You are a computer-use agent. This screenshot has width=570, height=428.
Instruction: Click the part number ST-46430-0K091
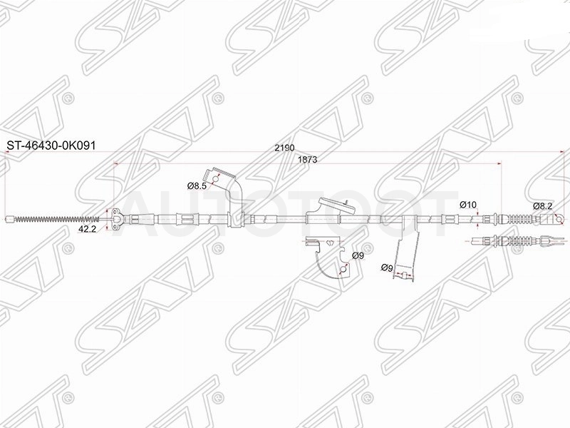tap(51, 146)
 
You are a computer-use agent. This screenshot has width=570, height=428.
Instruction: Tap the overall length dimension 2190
tap(284, 148)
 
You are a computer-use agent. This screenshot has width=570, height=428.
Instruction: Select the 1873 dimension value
tap(307, 159)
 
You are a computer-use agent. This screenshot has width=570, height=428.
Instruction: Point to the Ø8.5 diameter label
tap(197, 186)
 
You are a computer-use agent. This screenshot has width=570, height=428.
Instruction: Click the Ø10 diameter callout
tap(468, 205)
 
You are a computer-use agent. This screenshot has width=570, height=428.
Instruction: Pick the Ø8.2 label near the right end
tap(543, 206)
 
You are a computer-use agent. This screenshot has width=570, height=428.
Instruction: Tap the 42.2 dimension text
tap(87, 229)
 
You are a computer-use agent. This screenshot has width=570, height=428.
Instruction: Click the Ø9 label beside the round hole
tap(358, 256)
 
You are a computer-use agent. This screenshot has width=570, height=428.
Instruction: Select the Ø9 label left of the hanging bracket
tap(387, 268)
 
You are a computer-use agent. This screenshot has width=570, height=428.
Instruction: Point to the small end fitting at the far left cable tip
tap(11, 219)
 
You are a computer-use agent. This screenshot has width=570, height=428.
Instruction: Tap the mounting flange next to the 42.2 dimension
tap(116, 219)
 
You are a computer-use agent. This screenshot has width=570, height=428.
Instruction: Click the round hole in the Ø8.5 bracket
tap(216, 180)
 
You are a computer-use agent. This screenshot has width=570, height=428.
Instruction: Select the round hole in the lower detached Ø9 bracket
tap(342, 270)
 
